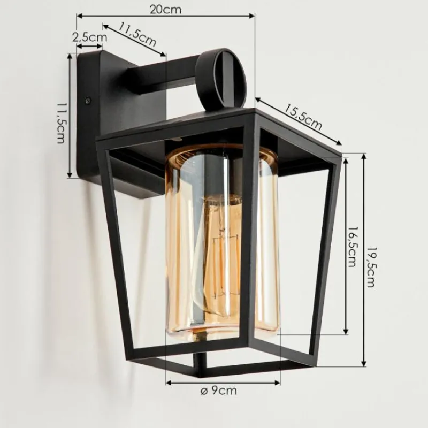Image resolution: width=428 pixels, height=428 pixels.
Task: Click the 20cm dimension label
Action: pos(165,10)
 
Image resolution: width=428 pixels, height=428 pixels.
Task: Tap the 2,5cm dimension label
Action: pos(90,37)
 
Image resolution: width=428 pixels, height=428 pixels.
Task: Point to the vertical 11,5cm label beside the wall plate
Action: pos(61,123)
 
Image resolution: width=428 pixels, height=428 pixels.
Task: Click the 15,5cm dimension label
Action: pos(303,117)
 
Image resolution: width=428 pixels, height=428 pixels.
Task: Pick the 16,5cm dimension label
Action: pos(352,247)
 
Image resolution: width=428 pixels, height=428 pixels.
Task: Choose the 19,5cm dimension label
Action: pos(370,267)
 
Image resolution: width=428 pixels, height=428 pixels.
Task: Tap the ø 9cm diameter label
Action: pos(219,391)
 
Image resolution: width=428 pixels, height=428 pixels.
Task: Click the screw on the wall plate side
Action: pos(88,100)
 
